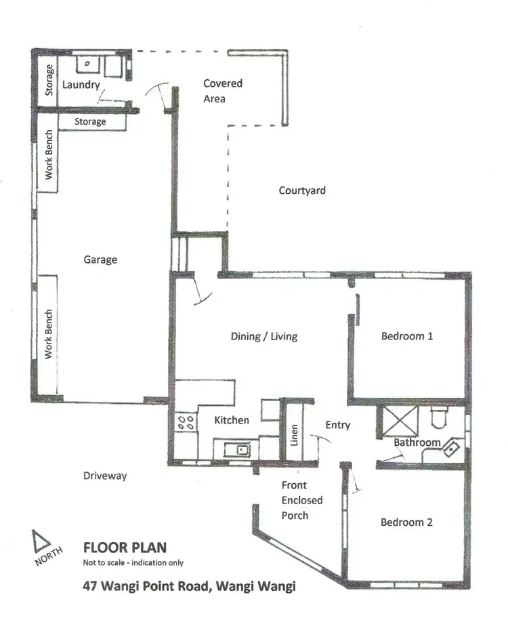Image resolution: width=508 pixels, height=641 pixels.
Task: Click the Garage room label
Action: point(100,260)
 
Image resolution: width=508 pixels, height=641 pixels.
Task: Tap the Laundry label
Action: point(81,85)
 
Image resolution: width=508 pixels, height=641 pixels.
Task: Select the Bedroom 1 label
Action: point(406,336)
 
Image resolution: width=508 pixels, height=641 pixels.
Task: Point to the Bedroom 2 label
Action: point(406,522)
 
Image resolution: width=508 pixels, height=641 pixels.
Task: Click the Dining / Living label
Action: point(263,336)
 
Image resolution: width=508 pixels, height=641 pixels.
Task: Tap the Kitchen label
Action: point(232,420)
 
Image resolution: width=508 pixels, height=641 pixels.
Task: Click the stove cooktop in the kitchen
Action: point(187,423)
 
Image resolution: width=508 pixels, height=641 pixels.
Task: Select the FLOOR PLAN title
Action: point(124,547)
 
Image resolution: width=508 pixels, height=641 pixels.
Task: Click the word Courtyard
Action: point(302,190)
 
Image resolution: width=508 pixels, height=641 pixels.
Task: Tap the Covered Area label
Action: point(223,91)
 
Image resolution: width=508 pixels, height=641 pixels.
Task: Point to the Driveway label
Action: point(104,476)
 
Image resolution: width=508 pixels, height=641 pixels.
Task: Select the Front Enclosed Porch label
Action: point(301,500)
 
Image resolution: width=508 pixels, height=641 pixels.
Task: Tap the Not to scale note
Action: point(133,563)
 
